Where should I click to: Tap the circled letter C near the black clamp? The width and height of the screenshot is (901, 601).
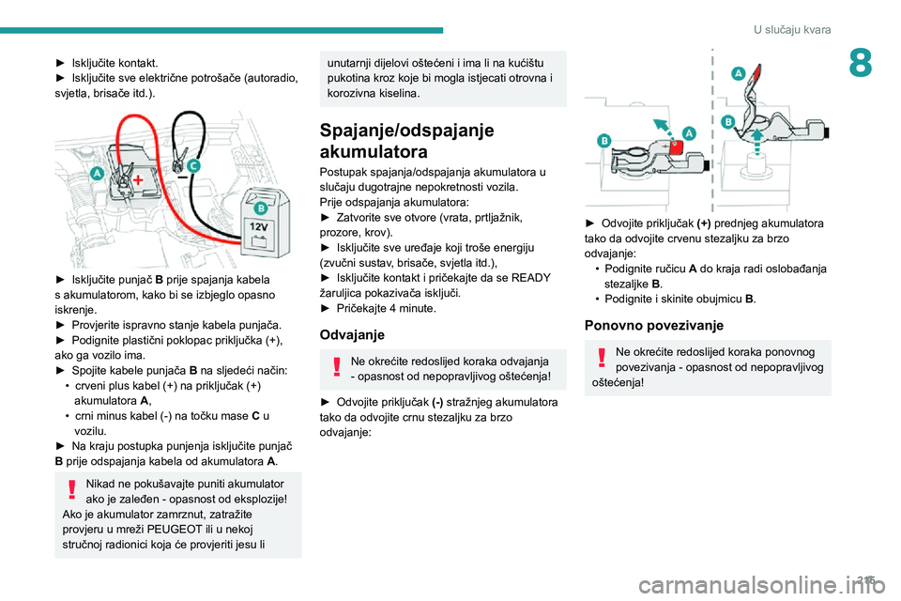pos(193,165)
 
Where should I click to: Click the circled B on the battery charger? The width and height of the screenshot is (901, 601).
pos(260,208)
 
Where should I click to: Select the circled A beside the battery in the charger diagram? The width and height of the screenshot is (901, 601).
pos(98,174)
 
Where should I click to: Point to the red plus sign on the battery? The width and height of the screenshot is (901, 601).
pos(138,178)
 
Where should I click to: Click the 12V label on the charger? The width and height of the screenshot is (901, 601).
pos(259,227)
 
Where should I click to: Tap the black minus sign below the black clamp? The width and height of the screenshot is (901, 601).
pos(177,175)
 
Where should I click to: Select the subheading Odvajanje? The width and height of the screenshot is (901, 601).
pos(352,333)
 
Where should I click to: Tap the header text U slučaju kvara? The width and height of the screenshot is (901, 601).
pos(791,30)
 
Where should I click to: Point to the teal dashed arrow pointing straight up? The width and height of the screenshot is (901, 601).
pos(757,141)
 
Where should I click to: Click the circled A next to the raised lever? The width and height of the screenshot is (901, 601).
pos(740,72)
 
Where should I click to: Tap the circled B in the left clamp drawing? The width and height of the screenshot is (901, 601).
pos(605,140)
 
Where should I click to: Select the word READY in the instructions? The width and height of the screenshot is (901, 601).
pos(531,278)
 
